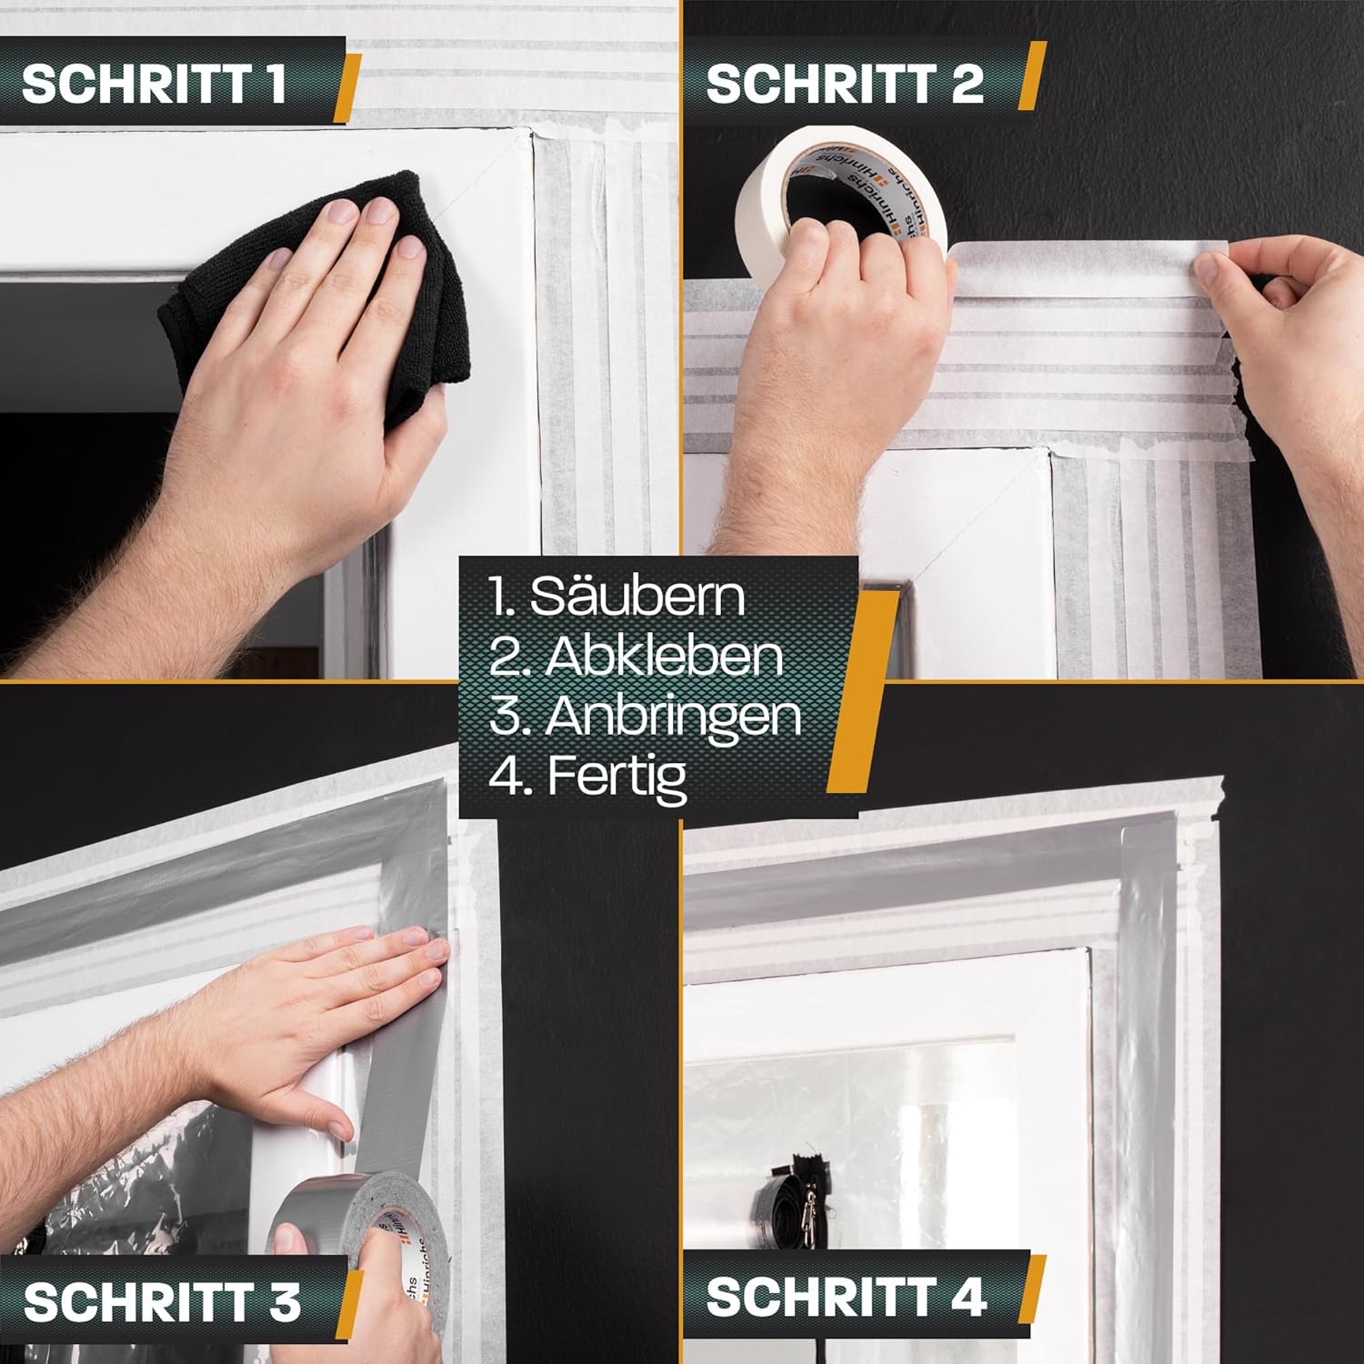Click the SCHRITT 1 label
coord(154,84)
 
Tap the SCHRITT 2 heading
coord(845,84)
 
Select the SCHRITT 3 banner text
coord(162,1301)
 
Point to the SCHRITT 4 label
coord(846,1296)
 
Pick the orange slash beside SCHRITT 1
coord(347,88)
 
